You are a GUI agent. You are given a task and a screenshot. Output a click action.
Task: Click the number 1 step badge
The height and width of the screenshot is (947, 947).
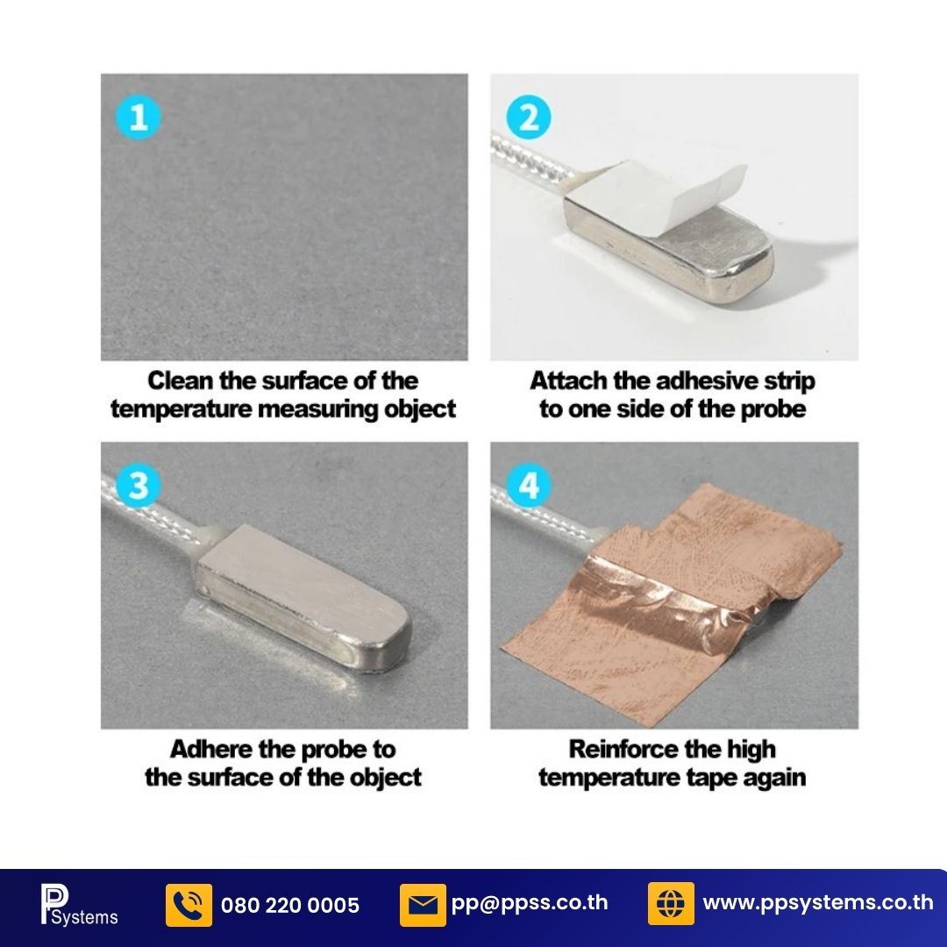click(x=139, y=117)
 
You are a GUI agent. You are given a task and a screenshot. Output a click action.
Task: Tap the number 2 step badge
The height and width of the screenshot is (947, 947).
click(x=529, y=117)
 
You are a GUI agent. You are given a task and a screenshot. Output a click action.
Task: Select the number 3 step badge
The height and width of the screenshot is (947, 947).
click(x=139, y=486)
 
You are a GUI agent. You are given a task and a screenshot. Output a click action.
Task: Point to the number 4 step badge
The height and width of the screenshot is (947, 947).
click(x=529, y=486)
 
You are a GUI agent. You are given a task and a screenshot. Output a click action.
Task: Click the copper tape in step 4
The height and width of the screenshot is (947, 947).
click(x=671, y=604)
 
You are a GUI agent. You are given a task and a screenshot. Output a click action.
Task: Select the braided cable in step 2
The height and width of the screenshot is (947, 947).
click(x=530, y=160)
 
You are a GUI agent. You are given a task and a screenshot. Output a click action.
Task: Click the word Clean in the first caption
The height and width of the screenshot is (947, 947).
click(x=180, y=381)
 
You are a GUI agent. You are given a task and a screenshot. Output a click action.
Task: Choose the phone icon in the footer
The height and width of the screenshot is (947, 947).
click(x=189, y=905)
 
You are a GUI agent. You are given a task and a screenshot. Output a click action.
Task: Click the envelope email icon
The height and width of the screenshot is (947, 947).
click(x=423, y=905)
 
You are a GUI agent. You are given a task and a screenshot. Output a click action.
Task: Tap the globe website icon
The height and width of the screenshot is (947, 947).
click(x=671, y=903)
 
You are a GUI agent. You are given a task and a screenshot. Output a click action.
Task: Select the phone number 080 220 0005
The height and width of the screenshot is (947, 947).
click(x=290, y=905)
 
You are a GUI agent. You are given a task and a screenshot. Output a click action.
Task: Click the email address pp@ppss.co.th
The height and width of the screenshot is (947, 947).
click(x=529, y=903)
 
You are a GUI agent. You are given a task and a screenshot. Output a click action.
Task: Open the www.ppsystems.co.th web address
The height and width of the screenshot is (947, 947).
click(x=818, y=903)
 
